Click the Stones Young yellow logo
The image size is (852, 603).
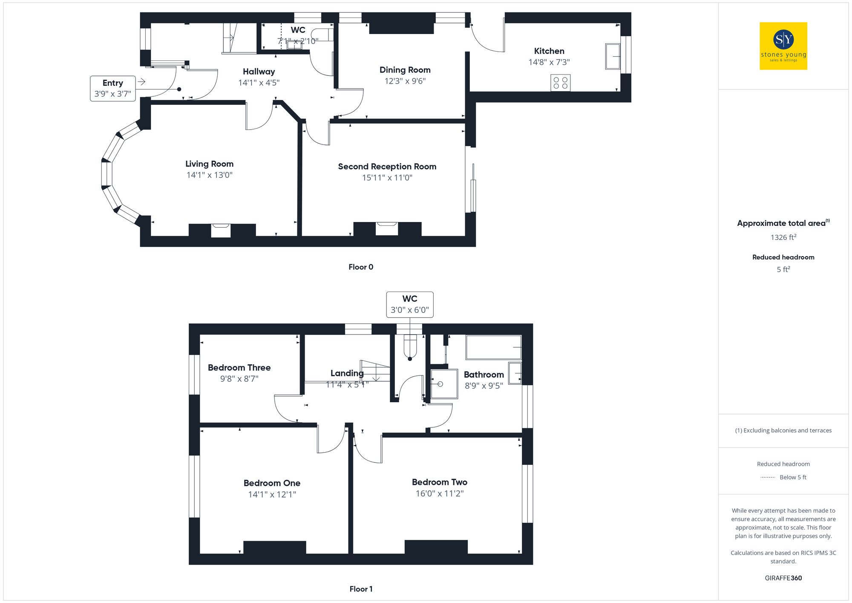tap(783, 46)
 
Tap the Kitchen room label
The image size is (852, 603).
tap(549, 51)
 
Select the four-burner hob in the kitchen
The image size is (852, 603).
tap(560, 83)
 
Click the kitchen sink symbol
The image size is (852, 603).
tap(613, 56)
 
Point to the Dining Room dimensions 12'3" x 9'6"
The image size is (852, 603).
tap(405, 81)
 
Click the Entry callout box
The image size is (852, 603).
tap(113, 88)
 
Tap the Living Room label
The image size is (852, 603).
tap(209, 164)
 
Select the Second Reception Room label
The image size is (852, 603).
tap(387, 167)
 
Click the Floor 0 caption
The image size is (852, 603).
tap(361, 267)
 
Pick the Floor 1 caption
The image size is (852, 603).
tap(361, 589)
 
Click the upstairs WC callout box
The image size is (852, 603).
tap(410, 304)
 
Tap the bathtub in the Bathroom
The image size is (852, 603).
tap(494, 348)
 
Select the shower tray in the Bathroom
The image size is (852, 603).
tap(444, 384)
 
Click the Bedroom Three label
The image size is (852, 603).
tap(239, 368)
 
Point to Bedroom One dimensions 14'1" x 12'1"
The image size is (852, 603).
tap(272, 494)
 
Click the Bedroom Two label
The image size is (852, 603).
tap(439, 482)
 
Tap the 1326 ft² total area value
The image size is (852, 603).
tap(783, 237)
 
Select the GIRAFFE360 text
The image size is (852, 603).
tap(783, 578)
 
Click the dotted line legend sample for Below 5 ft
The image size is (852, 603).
tap(767, 478)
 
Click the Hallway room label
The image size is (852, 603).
tap(259, 72)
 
